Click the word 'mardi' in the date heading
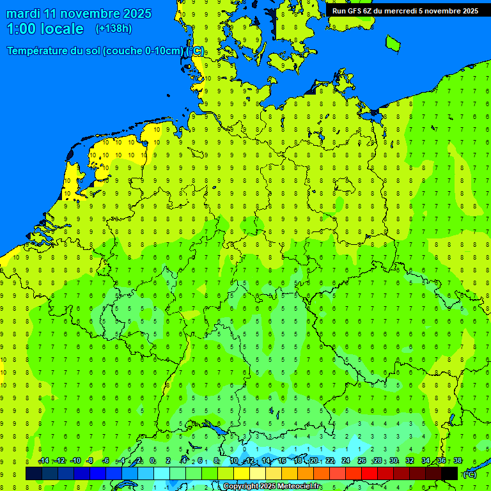click(23, 13)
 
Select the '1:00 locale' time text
click(45, 29)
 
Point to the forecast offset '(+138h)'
click(113, 29)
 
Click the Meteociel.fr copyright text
click(272, 487)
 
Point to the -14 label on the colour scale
click(43, 461)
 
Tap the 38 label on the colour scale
click(457, 461)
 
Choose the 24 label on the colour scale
click(346, 461)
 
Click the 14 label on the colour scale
click(265, 461)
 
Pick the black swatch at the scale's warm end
click(449, 473)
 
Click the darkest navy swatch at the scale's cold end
click(34, 473)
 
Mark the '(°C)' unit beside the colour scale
click(469, 474)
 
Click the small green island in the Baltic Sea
click(393, 43)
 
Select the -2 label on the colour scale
click(137, 461)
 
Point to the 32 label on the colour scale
click(410, 461)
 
